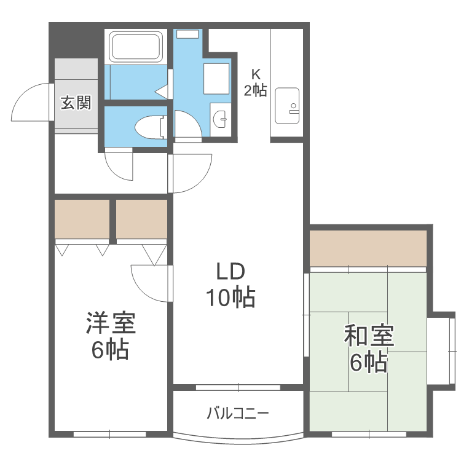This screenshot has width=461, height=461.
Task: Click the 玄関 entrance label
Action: [76, 103]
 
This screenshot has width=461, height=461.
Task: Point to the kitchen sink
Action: [286, 104]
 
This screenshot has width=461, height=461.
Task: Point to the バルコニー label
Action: [237, 413]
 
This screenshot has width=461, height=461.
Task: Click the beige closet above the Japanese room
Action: [368, 248]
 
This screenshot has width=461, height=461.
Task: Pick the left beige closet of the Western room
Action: [82, 218]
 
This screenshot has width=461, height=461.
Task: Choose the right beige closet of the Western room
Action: [142, 218]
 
